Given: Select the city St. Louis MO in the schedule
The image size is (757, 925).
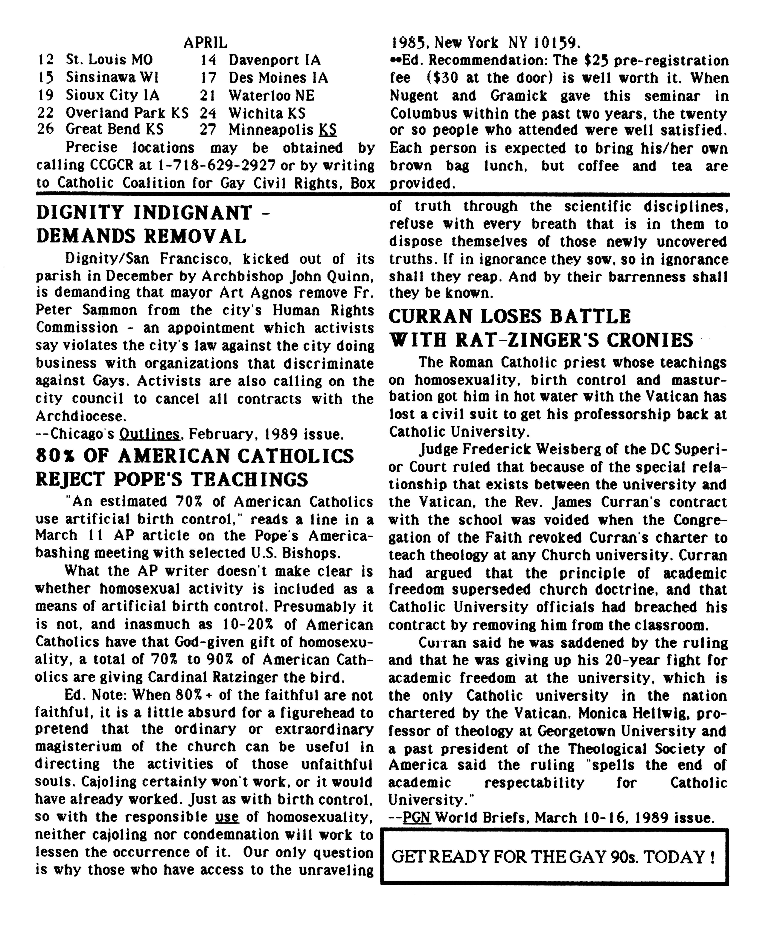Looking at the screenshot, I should [x=109, y=60].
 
